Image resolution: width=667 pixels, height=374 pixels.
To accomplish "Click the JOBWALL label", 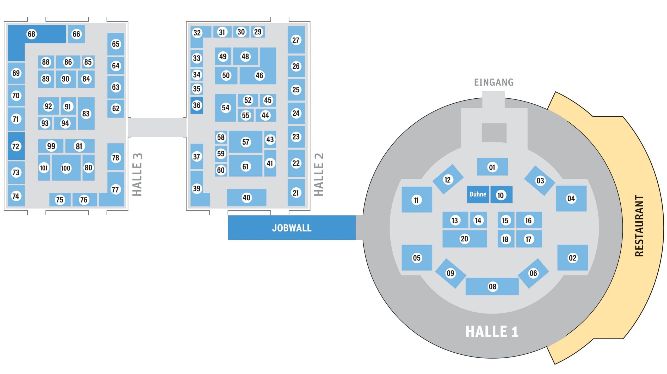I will [x=292, y=228].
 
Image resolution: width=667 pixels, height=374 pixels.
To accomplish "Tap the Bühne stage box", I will [x=478, y=194].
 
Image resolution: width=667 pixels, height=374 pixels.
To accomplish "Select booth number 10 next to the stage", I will [x=501, y=195].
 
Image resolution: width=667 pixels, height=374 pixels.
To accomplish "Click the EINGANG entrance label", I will [x=494, y=82].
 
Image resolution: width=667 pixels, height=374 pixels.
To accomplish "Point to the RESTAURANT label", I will [x=639, y=226].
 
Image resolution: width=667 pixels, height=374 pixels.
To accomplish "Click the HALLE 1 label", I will [x=492, y=331].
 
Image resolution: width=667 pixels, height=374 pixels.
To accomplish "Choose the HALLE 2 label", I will [x=319, y=174].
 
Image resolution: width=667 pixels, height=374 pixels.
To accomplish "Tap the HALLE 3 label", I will [x=137, y=174].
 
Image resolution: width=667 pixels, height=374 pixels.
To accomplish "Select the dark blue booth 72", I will [x=16, y=146].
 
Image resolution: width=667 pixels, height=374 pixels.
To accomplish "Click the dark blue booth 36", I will [x=197, y=105].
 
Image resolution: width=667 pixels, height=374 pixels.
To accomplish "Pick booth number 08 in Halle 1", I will [x=492, y=287].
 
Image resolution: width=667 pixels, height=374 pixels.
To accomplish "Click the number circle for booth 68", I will [x=32, y=34].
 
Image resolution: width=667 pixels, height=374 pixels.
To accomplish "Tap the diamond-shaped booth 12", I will [x=448, y=180].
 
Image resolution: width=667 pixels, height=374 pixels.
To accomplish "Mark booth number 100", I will [x=66, y=168].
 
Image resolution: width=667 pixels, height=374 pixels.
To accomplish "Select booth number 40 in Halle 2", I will [x=246, y=198].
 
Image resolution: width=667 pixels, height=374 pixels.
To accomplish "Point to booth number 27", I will [x=296, y=40].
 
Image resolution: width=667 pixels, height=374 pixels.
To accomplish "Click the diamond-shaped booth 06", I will [x=533, y=273].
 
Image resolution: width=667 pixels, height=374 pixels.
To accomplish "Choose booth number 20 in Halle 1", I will [x=464, y=239].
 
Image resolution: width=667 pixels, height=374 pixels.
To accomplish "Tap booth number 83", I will [x=86, y=114].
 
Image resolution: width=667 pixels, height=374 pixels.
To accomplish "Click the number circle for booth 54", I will [x=225, y=108].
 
